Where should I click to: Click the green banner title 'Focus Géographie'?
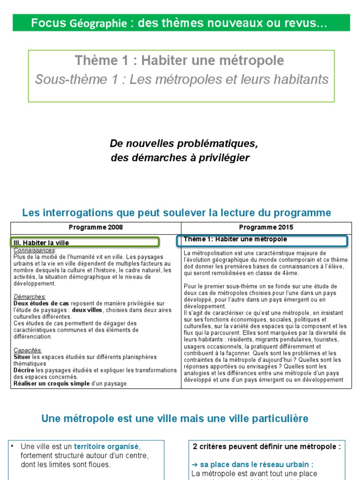pos(79,23)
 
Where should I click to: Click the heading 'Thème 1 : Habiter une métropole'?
pos(179,60)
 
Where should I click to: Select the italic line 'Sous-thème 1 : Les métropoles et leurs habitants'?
pos(182,80)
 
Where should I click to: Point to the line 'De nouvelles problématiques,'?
pos(184,143)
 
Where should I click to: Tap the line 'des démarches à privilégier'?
pos(180,158)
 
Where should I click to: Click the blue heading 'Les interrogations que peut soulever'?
pos(176,213)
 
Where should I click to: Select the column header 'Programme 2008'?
pos(96,227)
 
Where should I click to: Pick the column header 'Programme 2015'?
pos(266,227)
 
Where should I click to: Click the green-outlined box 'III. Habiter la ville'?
pos(85,242)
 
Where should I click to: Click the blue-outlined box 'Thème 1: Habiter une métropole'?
pos(262,240)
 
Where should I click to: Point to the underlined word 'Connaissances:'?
pos(35,250)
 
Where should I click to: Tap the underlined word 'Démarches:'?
pos(30,296)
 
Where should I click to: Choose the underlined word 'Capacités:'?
pos(28,350)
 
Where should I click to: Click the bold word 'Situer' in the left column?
pos(22,357)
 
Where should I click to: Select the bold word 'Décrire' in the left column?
pos(24,370)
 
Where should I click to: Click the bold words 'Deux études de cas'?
pos(41,303)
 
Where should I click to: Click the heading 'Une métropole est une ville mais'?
pos(175,418)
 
